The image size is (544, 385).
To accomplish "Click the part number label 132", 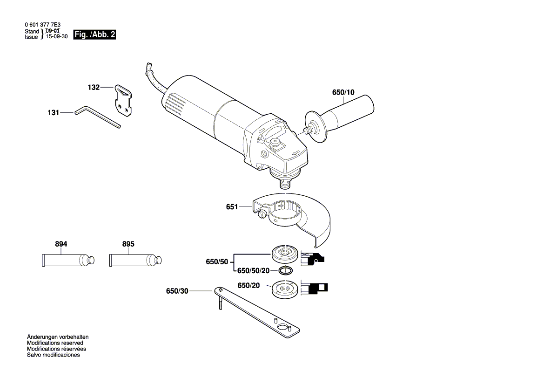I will (x=94, y=87).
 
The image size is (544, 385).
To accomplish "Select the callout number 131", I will (x=54, y=112).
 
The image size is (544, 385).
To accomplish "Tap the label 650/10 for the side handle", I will (x=343, y=92).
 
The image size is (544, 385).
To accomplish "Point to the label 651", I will (x=232, y=207).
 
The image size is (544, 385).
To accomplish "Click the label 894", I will (x=61, y=244).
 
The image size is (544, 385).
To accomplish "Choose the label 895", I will (x=128, y=244).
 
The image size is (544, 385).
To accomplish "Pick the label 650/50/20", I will (x=253, y=271).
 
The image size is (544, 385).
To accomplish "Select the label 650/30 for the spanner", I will (x=177, y=291).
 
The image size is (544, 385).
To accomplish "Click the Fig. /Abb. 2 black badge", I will (x=95, y=35).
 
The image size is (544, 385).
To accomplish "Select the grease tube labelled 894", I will (x=67, y=259).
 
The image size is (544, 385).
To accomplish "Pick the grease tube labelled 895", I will (x=135, y=259).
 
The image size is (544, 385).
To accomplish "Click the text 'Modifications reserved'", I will (x=55, y=343).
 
